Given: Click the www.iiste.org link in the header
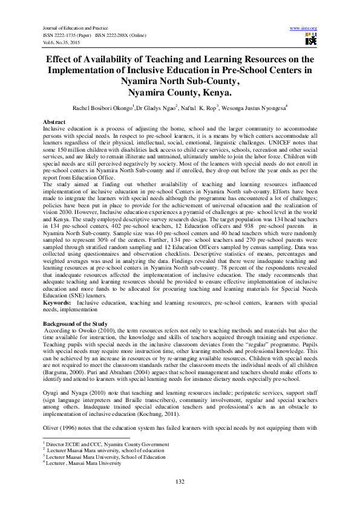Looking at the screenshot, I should point(304,28).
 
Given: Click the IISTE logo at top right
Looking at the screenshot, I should point(310,40).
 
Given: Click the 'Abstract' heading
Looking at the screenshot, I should point(54,122).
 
